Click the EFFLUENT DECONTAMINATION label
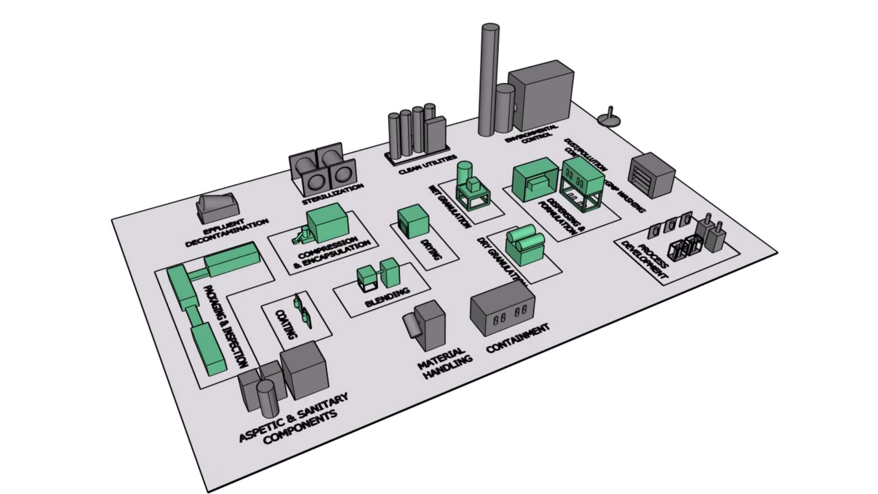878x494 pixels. point(227,232)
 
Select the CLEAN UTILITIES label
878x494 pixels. point(428,165)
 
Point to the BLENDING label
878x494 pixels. point(387,297)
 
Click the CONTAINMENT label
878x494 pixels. point(517,338)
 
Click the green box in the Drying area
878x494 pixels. point(413,222)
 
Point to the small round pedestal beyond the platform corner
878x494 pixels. point(609,118)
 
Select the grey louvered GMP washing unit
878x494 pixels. point(652,175)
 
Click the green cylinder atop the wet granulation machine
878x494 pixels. point(464,172)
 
